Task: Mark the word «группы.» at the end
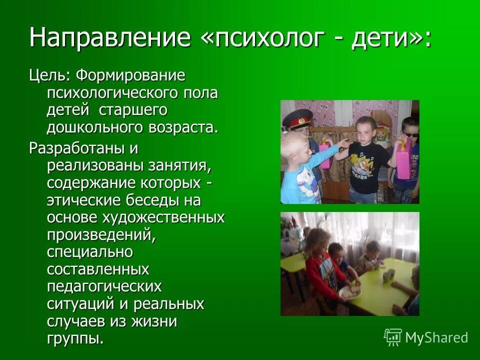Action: (75, 338)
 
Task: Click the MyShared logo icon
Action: (392, 337)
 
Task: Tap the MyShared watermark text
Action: (436, 337)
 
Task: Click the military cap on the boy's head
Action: (298, 118)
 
